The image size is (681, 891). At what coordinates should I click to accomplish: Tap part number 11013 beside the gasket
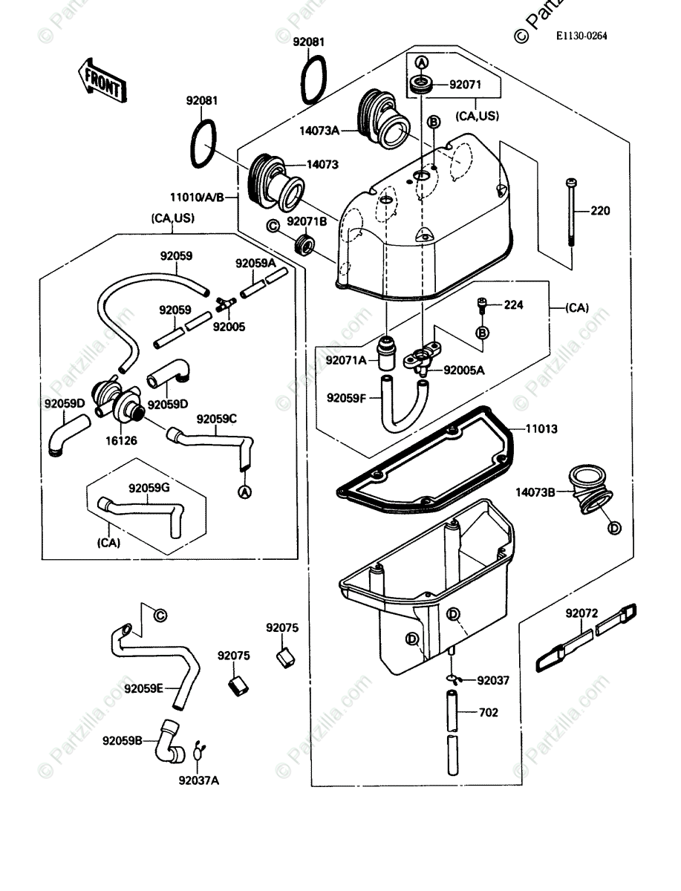543,429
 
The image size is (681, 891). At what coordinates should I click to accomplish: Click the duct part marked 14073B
591,493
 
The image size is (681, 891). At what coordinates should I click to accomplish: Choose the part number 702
489,713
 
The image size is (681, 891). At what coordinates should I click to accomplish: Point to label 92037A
198,780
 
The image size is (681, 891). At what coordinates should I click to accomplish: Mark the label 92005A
464,369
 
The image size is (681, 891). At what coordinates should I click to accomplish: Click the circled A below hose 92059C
244,491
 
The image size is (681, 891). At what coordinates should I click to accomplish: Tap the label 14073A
319,131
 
